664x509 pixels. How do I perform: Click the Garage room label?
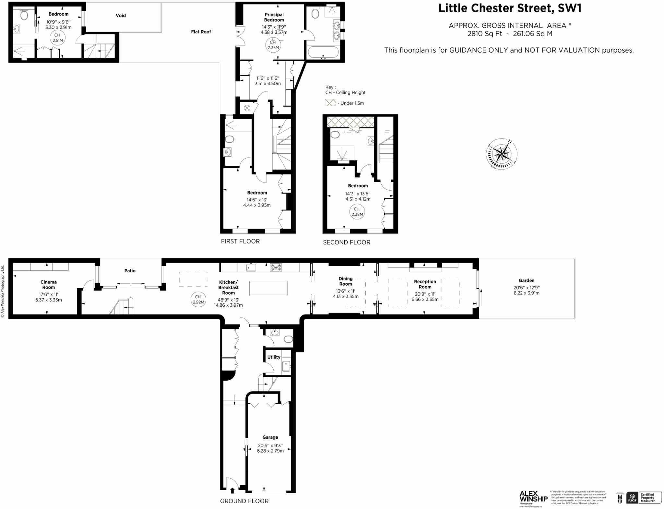click(x=270, y=437)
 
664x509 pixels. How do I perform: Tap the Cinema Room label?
click(x=48, y=285)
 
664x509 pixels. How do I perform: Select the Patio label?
click(x=130, y=271)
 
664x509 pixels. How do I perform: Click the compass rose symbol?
click(x=501, y=154)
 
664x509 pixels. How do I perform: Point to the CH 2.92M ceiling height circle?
click(x=198, y=299)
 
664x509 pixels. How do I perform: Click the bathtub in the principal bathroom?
click(x=323, y=52)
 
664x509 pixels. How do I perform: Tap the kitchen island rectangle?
click(x=268, y=288)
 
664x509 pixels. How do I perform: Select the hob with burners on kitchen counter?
click(x=276, y=267)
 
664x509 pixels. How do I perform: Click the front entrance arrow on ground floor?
click(x=232, y=491)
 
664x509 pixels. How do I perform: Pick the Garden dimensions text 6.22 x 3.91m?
click(x=526, y=293)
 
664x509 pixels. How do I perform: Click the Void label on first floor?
click(x=121, y=16)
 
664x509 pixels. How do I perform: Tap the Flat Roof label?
click(x=201, y=32)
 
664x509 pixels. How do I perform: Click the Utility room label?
click(x=274, y=357)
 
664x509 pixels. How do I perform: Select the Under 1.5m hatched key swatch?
click(x=330, y=103)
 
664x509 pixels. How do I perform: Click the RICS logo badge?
click(x=632, y=497)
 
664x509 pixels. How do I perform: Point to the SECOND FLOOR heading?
click(x=346, y=242)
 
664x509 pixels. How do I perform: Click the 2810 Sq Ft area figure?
click(x=485, y=34)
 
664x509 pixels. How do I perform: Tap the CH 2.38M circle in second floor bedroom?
click(x=357, y=212)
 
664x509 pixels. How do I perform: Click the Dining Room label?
click(x=345, y=281)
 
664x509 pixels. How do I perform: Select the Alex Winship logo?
click(x=533, y=497)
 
